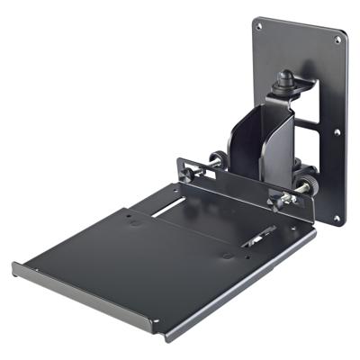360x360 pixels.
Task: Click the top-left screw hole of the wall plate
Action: [x=259, y=26]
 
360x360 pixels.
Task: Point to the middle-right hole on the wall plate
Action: [x=338, y=131]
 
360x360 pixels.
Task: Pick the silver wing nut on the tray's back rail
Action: [x=286, y=199]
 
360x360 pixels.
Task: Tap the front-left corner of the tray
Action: [x=15, y=266]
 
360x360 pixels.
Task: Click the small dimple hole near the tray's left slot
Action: [x=135, y=220]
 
